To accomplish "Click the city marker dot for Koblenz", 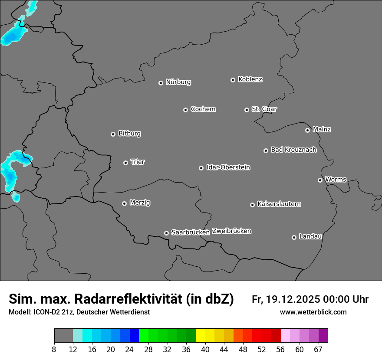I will click(233, 80).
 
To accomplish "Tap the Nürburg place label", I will click(178, 82).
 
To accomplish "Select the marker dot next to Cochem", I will click(185, 110).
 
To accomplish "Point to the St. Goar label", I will click(264, 109).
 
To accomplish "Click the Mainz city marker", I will click(307, 130).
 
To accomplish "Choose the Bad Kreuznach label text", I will click(293, 150).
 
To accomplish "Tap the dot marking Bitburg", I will click(113, 134).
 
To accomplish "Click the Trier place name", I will click(138, 162).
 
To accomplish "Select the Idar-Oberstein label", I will click(228, 167).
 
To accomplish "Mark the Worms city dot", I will click(320, 180).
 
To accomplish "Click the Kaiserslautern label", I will click(279, 204).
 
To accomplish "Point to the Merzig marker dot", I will click(124, 203).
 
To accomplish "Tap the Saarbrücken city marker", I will click(166, 233).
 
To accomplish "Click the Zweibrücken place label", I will click(231, 231).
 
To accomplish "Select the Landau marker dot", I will click(294, 237).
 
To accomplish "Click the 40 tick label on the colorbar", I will click(205, 349).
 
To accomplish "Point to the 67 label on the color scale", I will click(318, 349).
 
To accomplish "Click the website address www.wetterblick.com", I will click(313, 312).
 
